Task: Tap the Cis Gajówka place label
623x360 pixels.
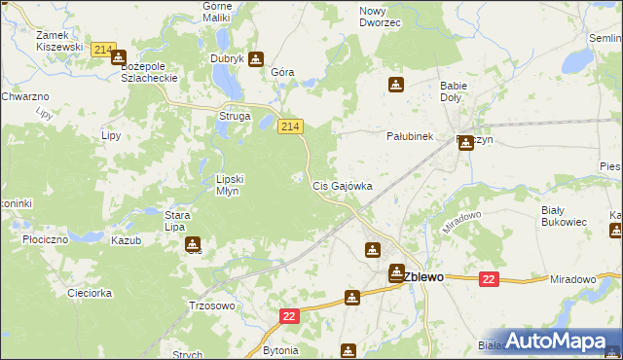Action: coord(342,185)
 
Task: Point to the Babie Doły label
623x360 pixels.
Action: coord(454,91)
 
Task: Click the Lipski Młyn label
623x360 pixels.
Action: coord(235,185)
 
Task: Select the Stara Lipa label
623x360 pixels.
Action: coord(175,220)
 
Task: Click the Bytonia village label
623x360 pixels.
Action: coord(281,348)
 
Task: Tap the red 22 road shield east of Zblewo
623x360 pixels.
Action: coord(489,279)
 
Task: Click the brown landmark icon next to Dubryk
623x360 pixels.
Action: coord(256,58)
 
